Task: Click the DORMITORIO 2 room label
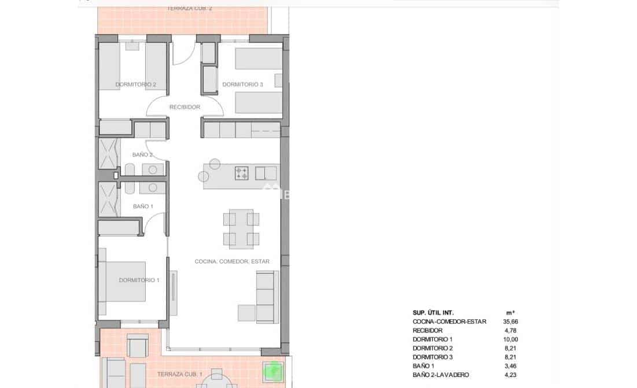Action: (x=135, y=84)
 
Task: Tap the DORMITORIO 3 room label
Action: (x=242, y=84)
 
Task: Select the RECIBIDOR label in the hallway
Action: (x=185, y=107)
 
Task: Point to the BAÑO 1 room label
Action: (x=143, y=206)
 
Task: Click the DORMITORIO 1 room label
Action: (x=139, y=280)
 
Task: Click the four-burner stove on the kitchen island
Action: (x=242, y=172)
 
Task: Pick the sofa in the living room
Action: (x=267, y=298)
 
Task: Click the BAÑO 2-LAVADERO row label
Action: (x=441, y=375)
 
